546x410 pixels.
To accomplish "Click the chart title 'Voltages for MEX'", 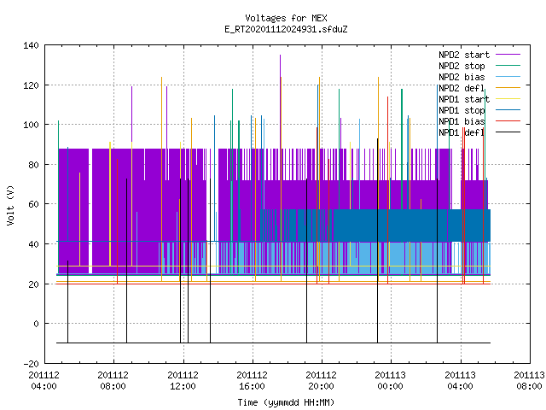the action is click(x=286, y=18).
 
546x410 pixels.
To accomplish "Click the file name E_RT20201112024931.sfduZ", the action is click(x=286, y=29).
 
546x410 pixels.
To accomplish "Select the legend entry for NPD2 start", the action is click(x=464, y=55).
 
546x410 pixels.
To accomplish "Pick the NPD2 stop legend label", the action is click(x=462, y=66).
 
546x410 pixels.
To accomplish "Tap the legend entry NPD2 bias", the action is click(x=462, y=77).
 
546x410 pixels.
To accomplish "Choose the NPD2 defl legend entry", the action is click(x=462, y=88).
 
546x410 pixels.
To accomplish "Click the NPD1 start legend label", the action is click(x=464, y=99).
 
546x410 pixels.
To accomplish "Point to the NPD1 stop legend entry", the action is click(x=462, y=110).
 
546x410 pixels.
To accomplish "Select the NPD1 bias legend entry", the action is click(x=462, y=121).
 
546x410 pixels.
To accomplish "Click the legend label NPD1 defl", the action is click(x=462, y=132).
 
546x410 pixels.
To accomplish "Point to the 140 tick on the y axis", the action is click(x=31, y=45).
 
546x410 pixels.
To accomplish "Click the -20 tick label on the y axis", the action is click(x=31, y=364).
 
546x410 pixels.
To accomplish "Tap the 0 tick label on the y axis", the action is click(x=36, y=324).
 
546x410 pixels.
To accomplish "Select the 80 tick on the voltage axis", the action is click(x=33, y=165).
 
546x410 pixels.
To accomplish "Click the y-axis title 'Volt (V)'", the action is click(x=10, y=205).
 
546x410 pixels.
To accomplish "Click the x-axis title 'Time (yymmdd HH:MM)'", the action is click(x=286, y=402).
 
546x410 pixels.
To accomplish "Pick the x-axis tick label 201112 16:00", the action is click(x=253, y=381).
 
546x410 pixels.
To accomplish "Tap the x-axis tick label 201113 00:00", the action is click(x=391, y=381).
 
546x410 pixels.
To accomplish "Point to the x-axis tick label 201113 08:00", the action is click(x=529, y=381).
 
